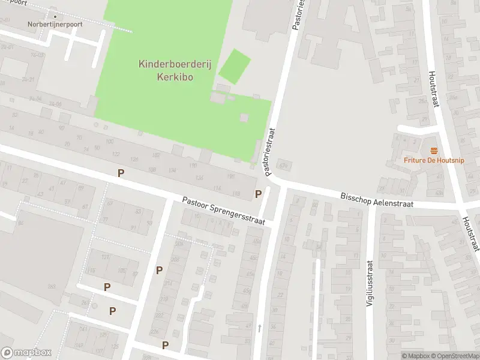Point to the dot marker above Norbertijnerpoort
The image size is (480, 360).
55,16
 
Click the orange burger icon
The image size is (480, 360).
433,150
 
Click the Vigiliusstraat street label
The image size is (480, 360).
370,283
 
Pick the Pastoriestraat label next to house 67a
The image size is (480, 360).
270,152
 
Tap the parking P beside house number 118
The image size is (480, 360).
259,194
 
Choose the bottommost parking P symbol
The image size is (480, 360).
165,345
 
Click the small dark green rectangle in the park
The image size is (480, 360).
234,67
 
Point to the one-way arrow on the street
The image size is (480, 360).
260,328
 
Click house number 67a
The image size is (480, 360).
284,166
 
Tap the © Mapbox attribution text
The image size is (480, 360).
417,356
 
